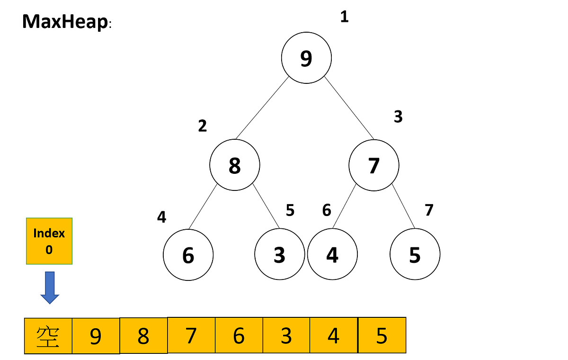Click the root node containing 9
[306, 58]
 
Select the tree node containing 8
[235, 165]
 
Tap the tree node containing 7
[373, 165]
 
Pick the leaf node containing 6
[188, 255]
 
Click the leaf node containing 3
[279, 255]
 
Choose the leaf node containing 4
[332, 255]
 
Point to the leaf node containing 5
[415, 255]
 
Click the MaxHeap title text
[65, 22]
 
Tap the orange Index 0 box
[49, 241]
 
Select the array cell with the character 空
[48, 336]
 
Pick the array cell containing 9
[96, 336]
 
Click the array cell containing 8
[143, 336]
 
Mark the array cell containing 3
[286, 336]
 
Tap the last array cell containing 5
[382, 336]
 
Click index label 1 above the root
[344, 18]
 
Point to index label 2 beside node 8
[203, 126]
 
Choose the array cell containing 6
[239, 336]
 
